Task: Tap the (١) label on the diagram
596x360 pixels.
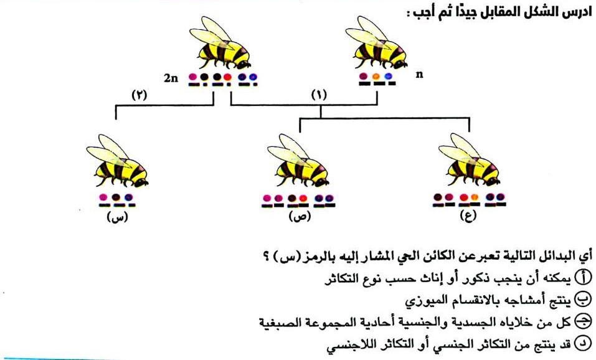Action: pyautogui.click(x=318, y=97)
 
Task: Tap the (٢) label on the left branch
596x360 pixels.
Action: pyautogui.click(x=139, y=97)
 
